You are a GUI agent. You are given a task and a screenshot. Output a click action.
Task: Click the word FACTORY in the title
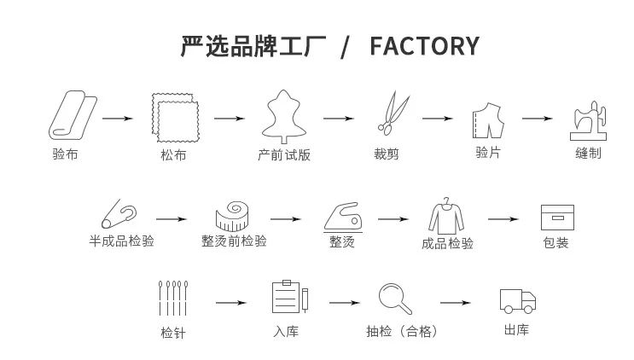click(x=425, y=46)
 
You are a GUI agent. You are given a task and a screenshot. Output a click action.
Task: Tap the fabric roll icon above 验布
click(x=73, y=115)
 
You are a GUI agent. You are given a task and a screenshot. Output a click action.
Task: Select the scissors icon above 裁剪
click(x=393, y=113)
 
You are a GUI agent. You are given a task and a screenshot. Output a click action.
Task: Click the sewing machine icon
click(x=588, y=120)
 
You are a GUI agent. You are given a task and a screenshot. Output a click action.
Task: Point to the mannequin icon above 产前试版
click(x=284, y=116)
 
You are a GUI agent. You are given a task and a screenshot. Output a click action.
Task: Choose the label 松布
click(x=173, y=154)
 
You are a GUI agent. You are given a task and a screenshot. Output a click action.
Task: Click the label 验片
click(x=488, y=153)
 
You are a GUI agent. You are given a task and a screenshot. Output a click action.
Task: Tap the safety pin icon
click(x=119, y=214)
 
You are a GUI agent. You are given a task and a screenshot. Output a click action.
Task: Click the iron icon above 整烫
click(x=343, y=218)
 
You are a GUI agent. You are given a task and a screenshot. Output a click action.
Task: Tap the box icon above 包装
click(x=557, y=218)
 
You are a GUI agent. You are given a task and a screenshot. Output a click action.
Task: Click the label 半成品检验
click(x=122, y=241)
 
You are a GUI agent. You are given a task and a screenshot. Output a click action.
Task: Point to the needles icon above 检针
click(x=173, y=299)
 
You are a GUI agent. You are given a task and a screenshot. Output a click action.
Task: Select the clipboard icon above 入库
click(x=290, y=297)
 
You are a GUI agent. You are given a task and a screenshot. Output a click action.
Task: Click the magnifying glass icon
click(x=395, y=299)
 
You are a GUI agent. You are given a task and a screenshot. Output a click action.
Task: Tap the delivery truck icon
click(x=518, y=301)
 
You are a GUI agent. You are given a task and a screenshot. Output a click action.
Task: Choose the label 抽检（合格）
click(x=402, y=331)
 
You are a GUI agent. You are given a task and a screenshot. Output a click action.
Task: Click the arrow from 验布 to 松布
click(x=118, y=119)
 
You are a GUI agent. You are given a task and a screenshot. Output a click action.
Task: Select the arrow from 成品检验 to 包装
click(x=503, y=219)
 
